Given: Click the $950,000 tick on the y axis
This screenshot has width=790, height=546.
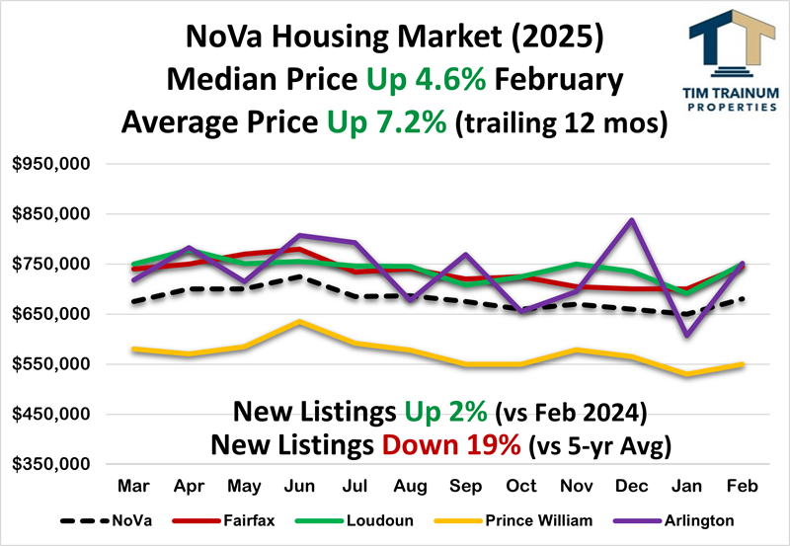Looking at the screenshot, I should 51,164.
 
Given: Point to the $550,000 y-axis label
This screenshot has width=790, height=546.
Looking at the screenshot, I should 51,364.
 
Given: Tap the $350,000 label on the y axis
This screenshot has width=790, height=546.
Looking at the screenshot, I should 51,464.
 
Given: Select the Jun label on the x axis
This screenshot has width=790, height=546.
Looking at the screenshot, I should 299,488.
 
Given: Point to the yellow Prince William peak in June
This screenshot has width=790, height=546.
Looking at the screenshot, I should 299,321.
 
